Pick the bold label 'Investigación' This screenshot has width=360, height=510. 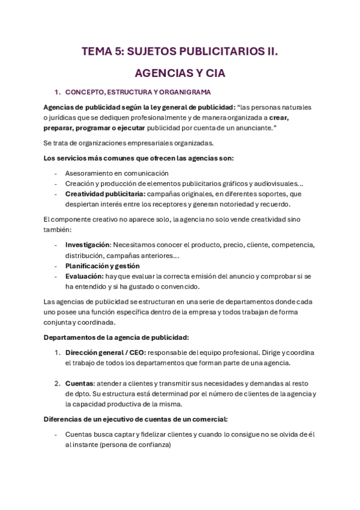pyautogui.click(x=87, y=245)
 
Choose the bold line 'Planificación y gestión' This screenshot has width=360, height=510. pyautogui.click(x=102, y=265)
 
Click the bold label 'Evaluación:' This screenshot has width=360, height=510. pyautogui.click(x=84, y=276)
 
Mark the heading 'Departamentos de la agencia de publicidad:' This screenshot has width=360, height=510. pyautogui.click(x=117, y=337)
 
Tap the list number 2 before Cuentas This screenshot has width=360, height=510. pyautogui.click(x=56, y=383)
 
